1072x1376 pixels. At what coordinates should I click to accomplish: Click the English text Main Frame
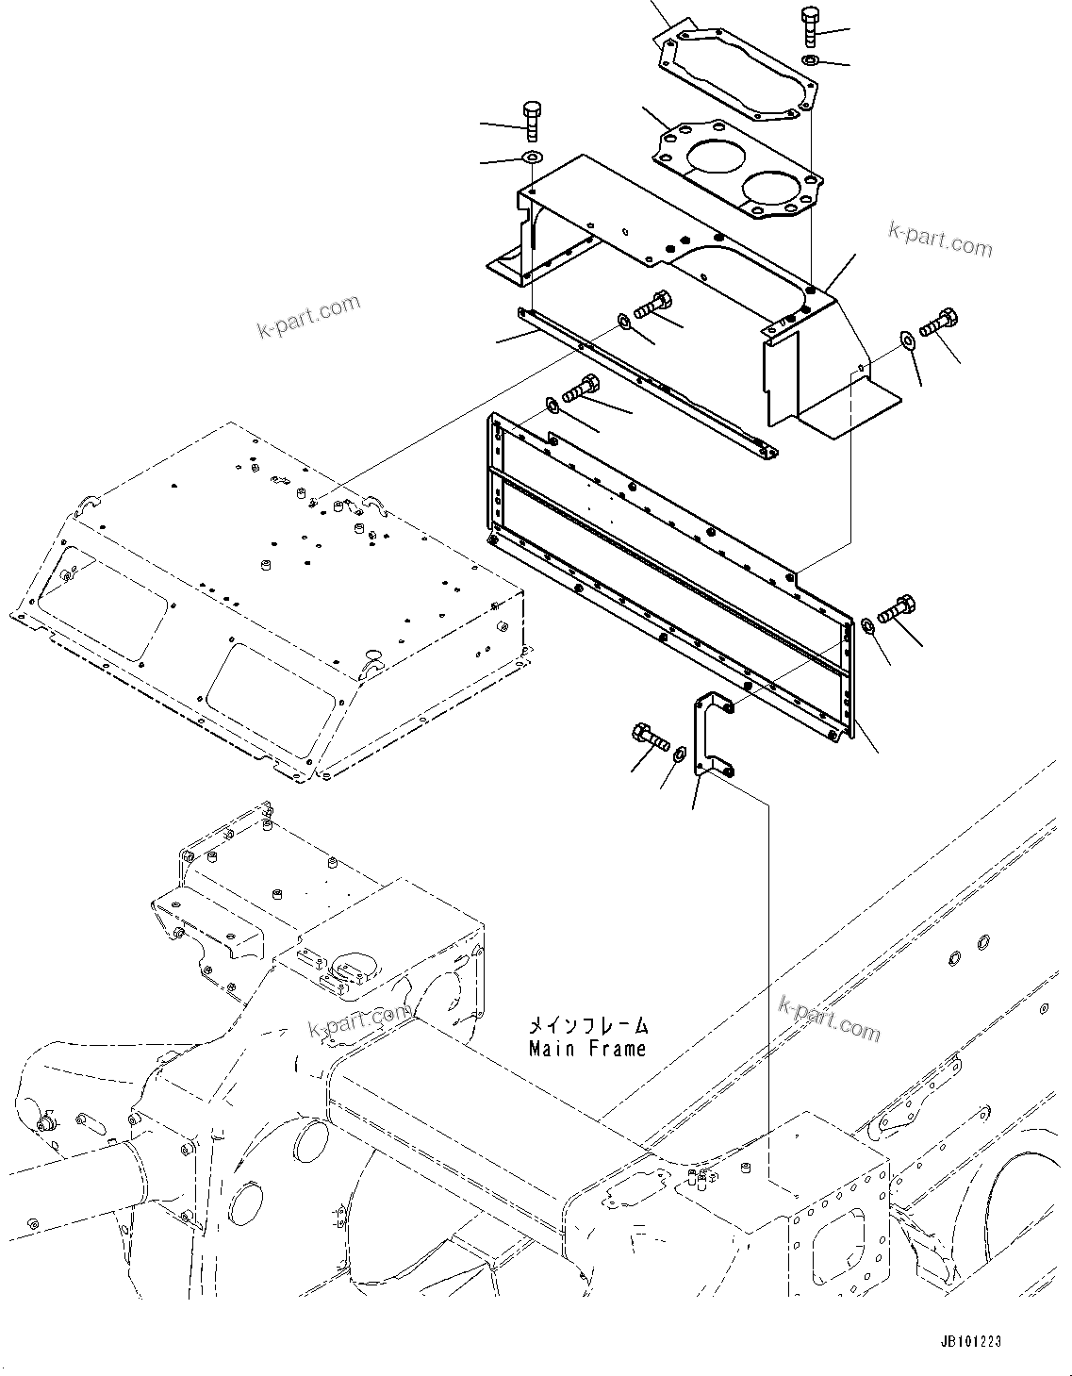586,1049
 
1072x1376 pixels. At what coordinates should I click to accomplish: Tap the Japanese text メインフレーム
586,1025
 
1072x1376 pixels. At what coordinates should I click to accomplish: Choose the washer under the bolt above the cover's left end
533,157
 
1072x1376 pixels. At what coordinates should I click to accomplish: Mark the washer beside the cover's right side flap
906,339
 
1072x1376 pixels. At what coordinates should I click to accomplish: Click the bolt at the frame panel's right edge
896,608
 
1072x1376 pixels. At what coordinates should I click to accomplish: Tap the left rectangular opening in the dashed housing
107,601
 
